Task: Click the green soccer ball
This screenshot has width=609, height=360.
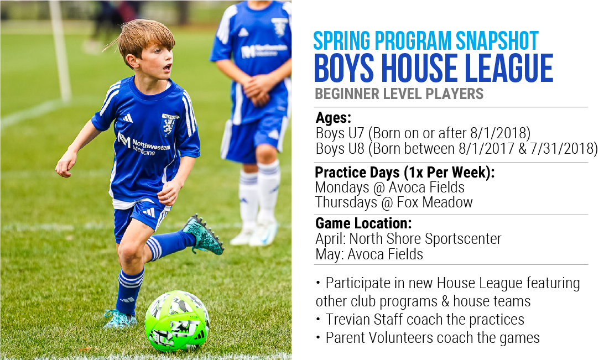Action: point(177,321)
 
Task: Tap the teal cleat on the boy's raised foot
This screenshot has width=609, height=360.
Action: point(203,234)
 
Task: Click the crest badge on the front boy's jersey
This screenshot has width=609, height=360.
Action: point(169,124)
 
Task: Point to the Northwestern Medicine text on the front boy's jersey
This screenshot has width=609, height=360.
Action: point(144,144)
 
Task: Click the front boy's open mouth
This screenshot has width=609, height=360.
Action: point(167,68)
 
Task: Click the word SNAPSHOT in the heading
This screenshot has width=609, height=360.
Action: point(497,40)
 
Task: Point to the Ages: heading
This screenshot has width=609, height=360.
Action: point(333,118)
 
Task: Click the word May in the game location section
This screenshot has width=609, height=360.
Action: point(328,255)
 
